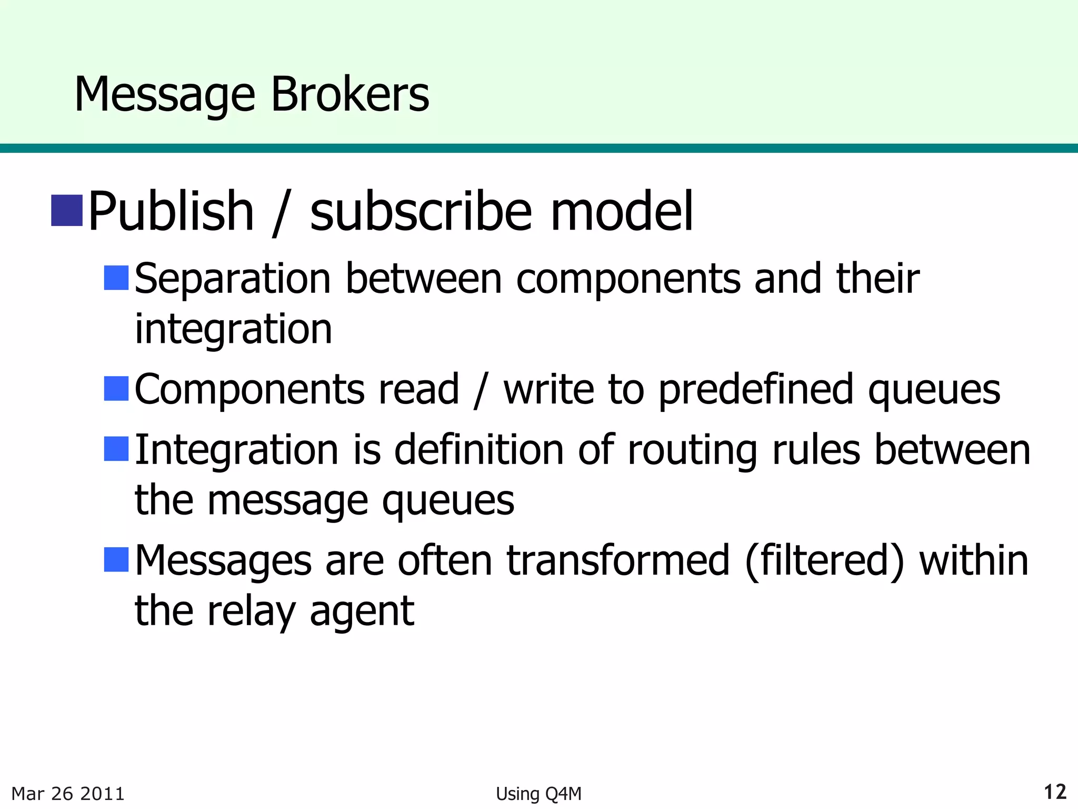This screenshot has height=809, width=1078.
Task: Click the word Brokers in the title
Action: click(x=350, y=94)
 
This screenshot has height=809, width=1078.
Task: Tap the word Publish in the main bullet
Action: click(x=171, y=212)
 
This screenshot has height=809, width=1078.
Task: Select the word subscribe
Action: click(x=421, y=212)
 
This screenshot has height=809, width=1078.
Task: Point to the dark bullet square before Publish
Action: click(x=67, y=211)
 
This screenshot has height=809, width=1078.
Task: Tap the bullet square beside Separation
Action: click(x=116, y=278)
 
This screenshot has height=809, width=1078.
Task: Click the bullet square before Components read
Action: click(x=116, y=389)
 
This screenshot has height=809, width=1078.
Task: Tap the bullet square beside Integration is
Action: click(x=116, y=449)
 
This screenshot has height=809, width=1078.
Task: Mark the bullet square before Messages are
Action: click(x=116, y=559)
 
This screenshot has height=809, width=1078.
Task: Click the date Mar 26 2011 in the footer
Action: click(x=68, y=793)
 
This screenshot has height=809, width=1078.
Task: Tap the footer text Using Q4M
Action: click(x=538, y=794)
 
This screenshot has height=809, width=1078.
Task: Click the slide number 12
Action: click(x=1055, y=792)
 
